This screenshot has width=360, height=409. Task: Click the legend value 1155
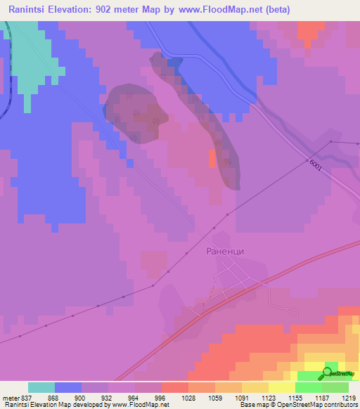click(x=296, y=398)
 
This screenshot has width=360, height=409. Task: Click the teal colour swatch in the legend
click(x=41, y=387)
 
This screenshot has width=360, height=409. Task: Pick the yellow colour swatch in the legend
click(x=282, y=387)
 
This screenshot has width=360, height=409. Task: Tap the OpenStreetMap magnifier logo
click(x=327, y=372)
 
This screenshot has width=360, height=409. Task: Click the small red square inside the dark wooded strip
click(x=212, y=159)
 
